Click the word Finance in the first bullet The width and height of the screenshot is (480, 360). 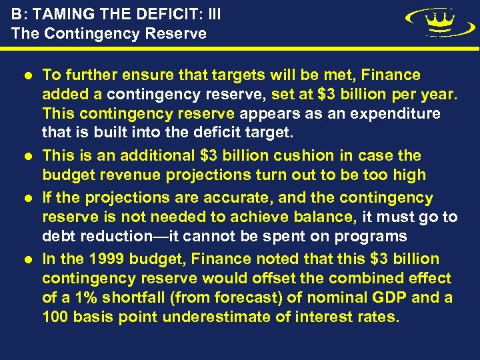(388, 75)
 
